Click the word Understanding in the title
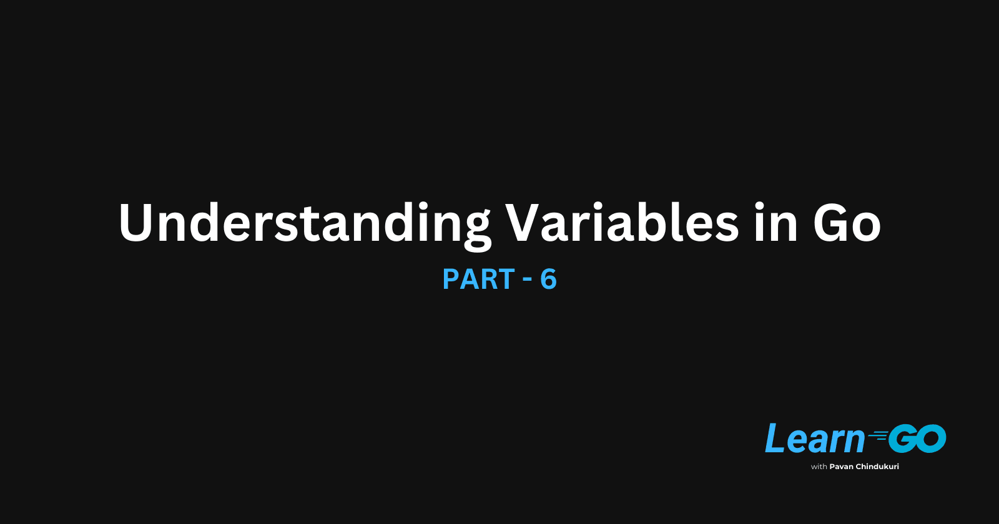pos(305,223)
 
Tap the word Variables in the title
pos(622,223)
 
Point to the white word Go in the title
pos(847,223)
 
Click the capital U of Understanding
pos(136,223)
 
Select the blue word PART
pos(478,279)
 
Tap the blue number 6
pos(548,279)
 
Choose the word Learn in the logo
pos(815,439)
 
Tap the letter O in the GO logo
pos(932,439)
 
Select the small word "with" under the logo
pos(819,467)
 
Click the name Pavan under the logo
pos(842,467)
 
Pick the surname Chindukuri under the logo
pos(878,467)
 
